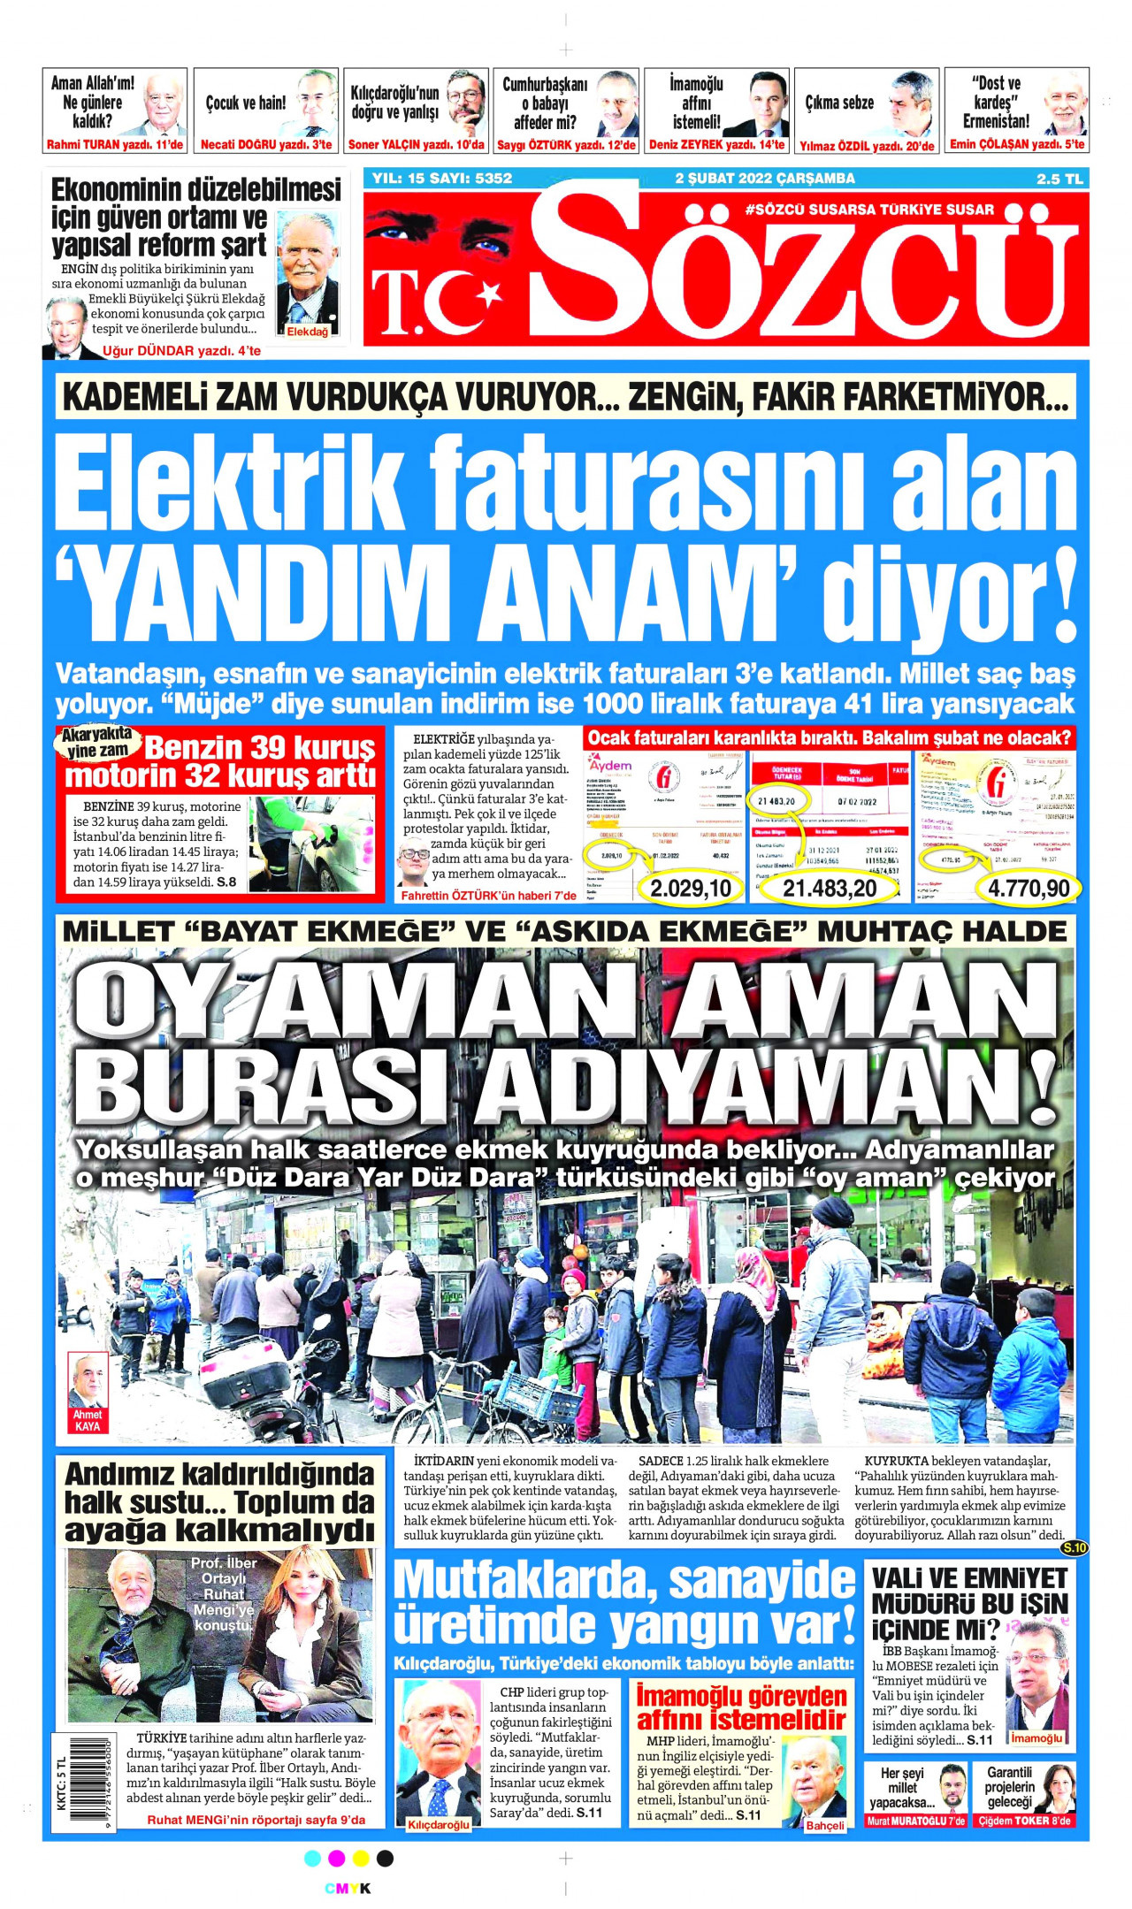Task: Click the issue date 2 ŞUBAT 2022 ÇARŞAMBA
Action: point(765,179)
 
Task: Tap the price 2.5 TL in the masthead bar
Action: point(1059,179)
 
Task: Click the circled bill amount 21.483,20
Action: point(830,887)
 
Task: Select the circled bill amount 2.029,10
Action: point(691,887)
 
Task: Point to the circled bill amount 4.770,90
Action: point(1029,887)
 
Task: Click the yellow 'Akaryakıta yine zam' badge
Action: point(96,743)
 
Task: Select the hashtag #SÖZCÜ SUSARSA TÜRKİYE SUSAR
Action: point(870,210)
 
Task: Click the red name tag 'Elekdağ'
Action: point(308,332)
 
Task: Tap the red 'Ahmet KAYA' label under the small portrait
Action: point(88,1420)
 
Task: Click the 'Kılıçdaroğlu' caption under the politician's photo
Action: point(439,1825)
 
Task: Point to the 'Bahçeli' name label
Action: point(824,1825)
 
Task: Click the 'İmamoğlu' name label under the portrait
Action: point(1036,1738)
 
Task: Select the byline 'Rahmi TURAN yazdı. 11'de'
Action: point(115,145)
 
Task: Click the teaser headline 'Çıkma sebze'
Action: point(839,103)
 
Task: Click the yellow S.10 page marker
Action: point(1074,1547)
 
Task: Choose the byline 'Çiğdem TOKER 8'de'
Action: point(1026,1821)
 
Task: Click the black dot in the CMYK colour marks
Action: point(385,1859)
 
